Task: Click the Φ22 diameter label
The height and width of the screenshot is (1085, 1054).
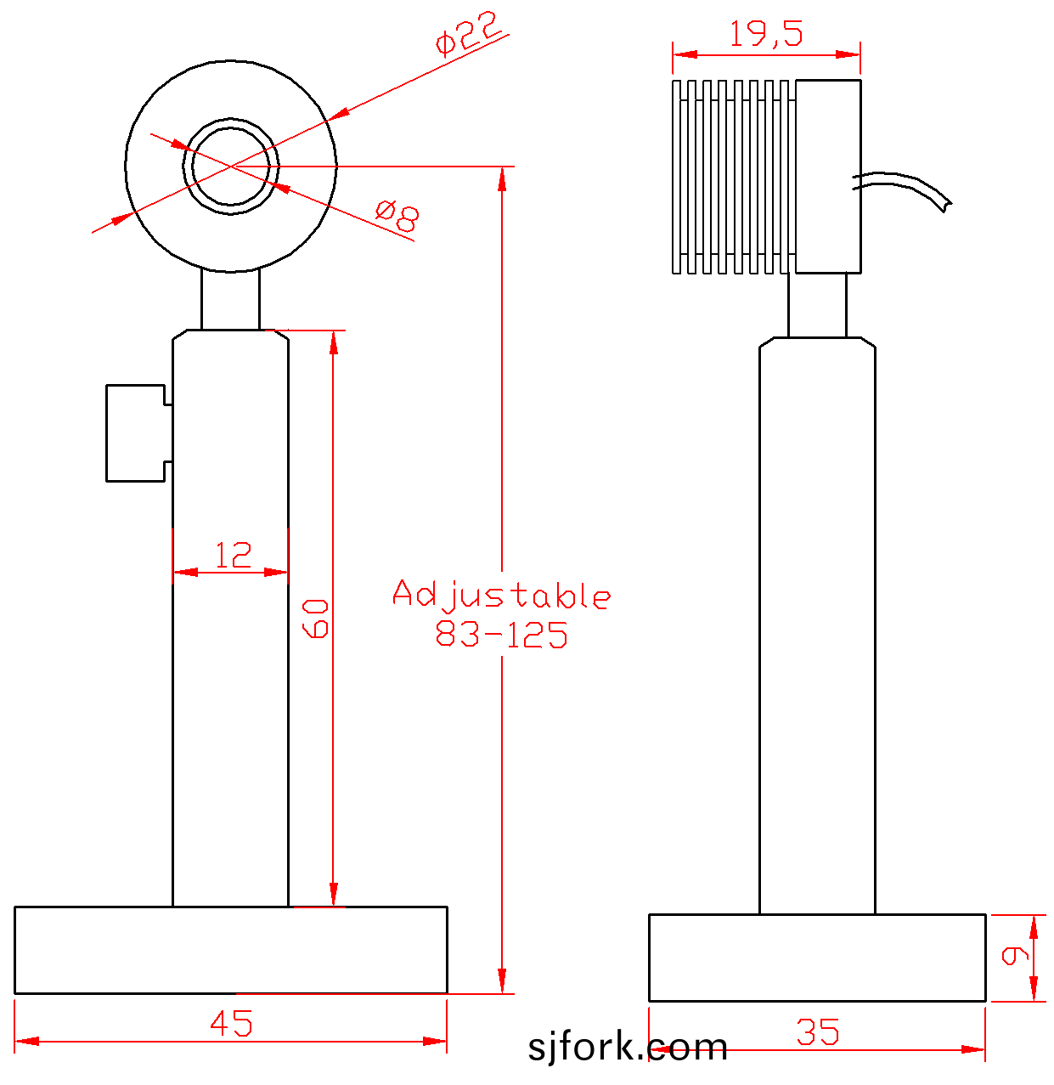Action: (x=468, y=32)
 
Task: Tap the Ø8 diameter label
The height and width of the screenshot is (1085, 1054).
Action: (x=397, y=216)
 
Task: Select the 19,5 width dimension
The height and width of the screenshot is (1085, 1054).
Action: (x=766, y=33)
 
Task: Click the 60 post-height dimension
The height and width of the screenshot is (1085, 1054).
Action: (x=315, y=618)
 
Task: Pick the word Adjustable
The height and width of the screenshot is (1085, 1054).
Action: (x=502, y=595)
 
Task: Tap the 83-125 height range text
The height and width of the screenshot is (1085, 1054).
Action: (x=501, y=634)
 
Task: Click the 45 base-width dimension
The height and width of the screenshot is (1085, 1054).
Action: (x=231, y=1023)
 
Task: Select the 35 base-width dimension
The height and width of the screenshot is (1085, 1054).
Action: (x=818, y=1032)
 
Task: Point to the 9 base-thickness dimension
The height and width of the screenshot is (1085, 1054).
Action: (x=1015, y=956)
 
